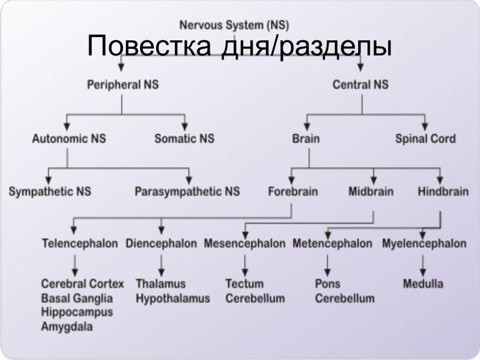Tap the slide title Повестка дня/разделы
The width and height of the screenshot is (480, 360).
tap(239, 47)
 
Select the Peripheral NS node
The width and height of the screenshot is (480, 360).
tap(123, 85)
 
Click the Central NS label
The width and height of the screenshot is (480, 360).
tap(360, 85)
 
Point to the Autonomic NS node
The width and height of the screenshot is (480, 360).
tap(69, 139)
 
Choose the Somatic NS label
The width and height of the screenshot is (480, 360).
tap(184, 139)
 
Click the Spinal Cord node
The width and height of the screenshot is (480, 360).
tap(425, 139)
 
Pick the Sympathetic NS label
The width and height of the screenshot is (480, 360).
tap(50, 191)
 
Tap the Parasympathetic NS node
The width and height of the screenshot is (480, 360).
tap(187, 191)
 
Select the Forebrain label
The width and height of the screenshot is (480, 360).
tap(293, 191)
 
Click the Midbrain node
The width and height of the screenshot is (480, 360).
tap(371, 191)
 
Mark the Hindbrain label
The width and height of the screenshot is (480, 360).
tap(443, 191)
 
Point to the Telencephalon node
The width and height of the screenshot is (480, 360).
tap(80, 243)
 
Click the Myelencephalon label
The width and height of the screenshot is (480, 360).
tap(424, 243)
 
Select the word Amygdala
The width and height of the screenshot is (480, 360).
tap(67, 327)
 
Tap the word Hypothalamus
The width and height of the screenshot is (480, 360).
tap(173, 298)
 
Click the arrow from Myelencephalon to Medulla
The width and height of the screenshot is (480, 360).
tap(423, 265)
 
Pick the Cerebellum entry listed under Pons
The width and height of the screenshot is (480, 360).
tap(345, 298)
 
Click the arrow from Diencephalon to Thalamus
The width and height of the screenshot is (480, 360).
tap(161, 265)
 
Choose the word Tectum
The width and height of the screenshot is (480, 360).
tap(244, 284)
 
